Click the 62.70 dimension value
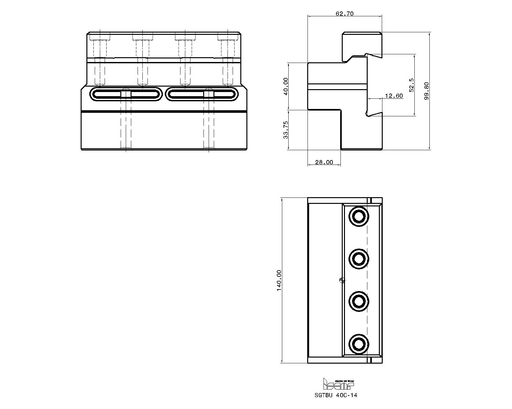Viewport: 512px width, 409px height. pos(345,14)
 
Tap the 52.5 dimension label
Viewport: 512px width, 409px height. pos(412,85)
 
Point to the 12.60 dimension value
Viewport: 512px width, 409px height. pos(394,96)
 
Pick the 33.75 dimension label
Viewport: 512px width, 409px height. pos(286,129)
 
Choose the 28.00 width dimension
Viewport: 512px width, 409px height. pos(324,162)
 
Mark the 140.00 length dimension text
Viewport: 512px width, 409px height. pos(279,280)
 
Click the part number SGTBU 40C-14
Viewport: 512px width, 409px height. pos(336,395)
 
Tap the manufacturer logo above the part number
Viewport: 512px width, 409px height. pos(338,384)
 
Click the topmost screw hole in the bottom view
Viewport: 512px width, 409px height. pos(359,216)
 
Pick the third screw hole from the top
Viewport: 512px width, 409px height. pos(359,301)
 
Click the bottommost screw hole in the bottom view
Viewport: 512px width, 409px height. pos(359,344)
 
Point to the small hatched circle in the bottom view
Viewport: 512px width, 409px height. pos(341,281)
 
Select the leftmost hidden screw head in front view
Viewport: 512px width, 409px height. pos(100,38)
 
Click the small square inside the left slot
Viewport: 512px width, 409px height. pos(126,94)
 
